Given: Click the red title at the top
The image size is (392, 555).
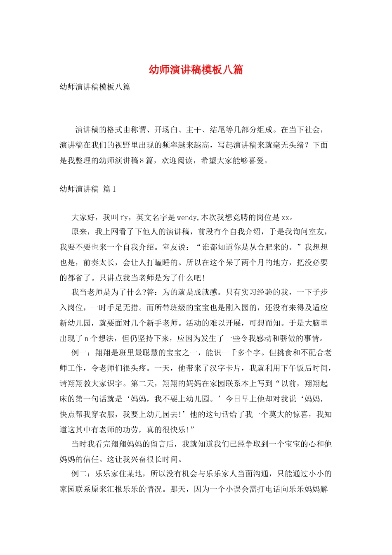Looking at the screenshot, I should coord(196,69).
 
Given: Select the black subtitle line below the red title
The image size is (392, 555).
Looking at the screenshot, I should coord(95,87).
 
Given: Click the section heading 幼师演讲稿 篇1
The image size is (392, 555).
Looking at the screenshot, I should coord(88,189).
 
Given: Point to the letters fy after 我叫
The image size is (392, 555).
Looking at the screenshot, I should coord(124,217).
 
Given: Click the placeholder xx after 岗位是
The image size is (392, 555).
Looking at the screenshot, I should coord(286,217).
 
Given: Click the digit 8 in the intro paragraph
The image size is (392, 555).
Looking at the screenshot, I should coord(142,161).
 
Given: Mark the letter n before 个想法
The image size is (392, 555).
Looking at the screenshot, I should coord(87,339).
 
